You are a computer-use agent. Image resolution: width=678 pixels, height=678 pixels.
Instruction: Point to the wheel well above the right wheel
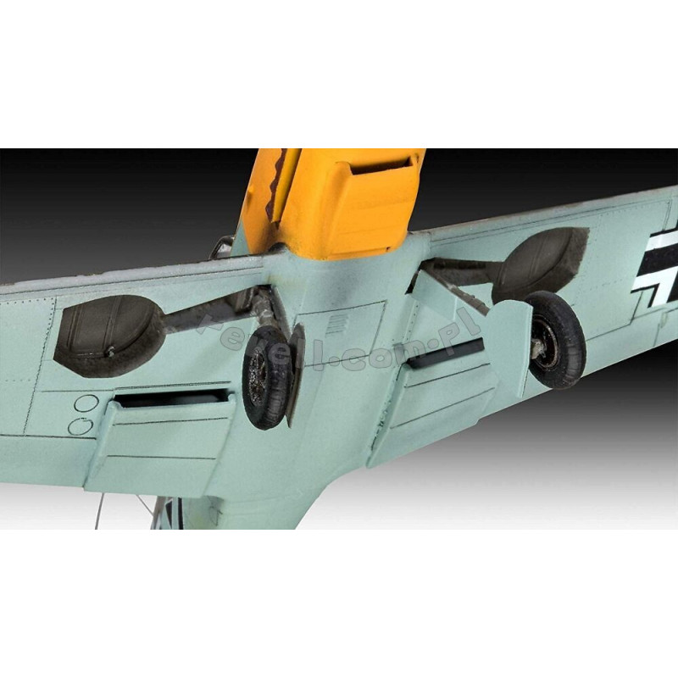point(542,263)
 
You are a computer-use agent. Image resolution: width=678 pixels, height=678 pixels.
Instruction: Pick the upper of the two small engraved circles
point(82,403)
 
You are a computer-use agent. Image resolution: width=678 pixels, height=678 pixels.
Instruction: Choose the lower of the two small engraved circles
point(80,425)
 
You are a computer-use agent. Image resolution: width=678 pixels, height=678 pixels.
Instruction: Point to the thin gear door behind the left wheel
point(296,373)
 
